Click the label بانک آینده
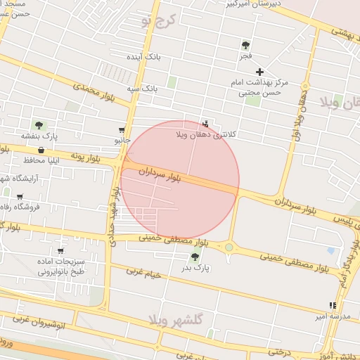pos(143,56)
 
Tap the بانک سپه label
pos(142,89)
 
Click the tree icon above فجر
pos(245,44)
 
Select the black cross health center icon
pos(259,72)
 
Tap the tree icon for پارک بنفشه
pos(39,125)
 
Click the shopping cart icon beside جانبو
pos(122,130)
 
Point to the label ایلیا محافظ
pos(28,160)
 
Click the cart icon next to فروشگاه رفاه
pos(20,196)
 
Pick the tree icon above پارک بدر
pos(195,257)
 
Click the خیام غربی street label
pos(143,273)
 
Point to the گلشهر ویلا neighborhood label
pos(176,320)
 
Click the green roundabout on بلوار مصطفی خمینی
pos(229,247)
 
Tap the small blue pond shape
pos(330,250)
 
